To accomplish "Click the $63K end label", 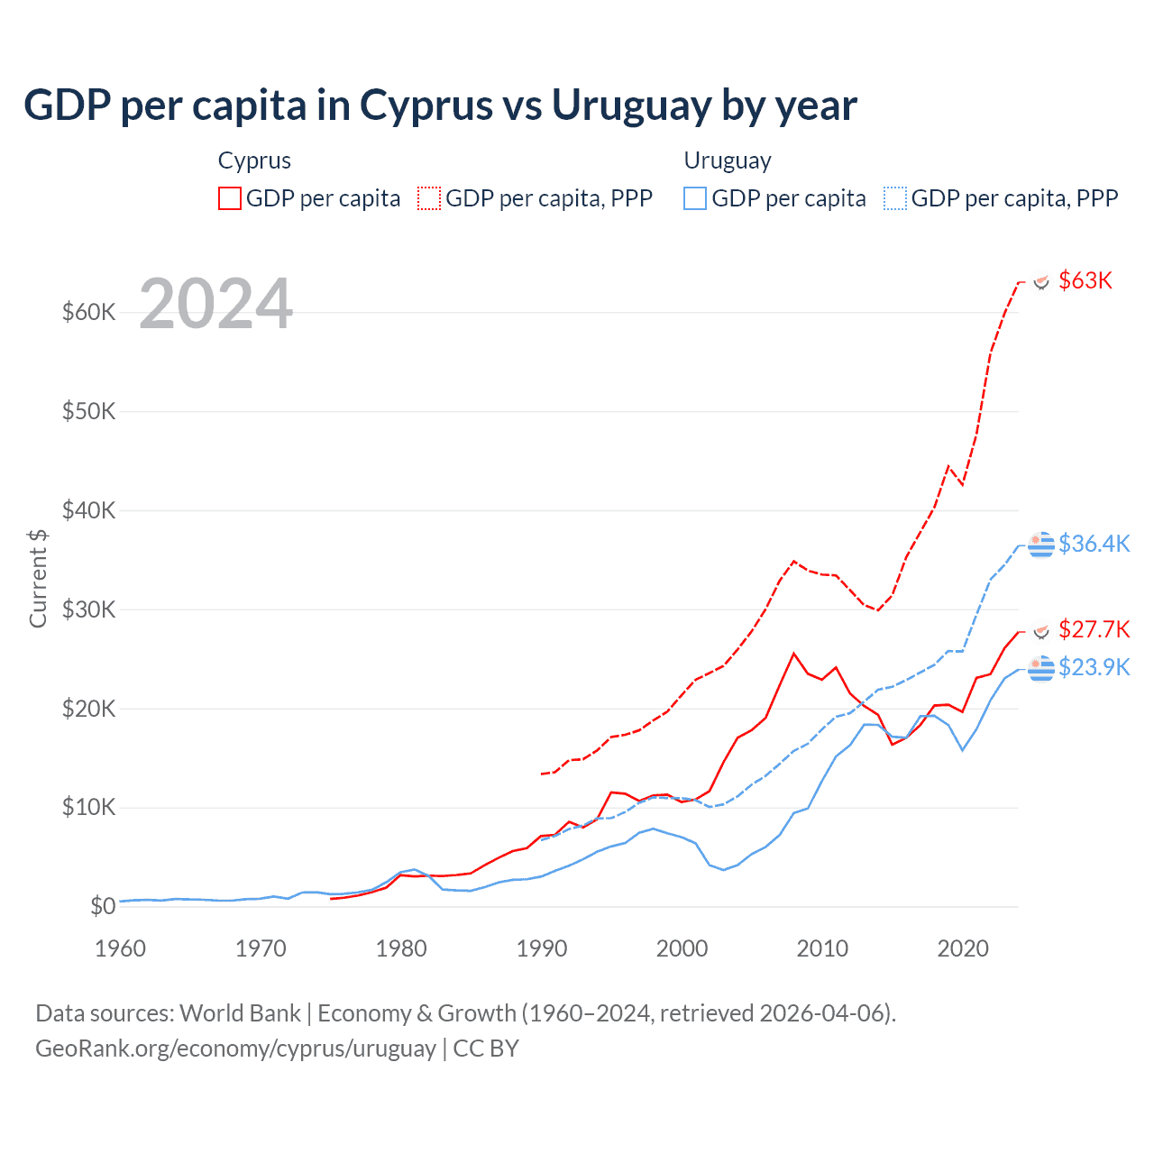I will click(1085, 280).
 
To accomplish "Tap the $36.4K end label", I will click(1094, 544).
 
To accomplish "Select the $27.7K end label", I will click(1094, 628).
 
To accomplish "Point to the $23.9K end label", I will click(1094, 667).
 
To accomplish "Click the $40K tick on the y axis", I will click(89, 510).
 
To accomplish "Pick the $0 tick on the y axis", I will click(103, 906).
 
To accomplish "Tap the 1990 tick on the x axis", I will click(542, 948).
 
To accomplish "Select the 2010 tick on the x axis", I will click(822, 948).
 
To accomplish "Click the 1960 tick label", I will click(120, 948).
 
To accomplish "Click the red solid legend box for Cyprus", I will click(230, 198).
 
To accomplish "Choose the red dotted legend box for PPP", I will click(429, 198).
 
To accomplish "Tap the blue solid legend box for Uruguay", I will click(695, 198).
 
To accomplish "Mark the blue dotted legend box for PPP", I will click(895, 198).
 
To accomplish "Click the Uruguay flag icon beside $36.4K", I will click(1041, 545).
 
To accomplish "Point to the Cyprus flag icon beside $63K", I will click(1041, 282).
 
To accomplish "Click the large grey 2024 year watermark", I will click(216, 304).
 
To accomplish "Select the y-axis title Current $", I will click(38, 579).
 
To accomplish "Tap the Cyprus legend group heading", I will click(254, 160).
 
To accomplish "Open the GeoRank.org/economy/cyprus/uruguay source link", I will click(235, 1049).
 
